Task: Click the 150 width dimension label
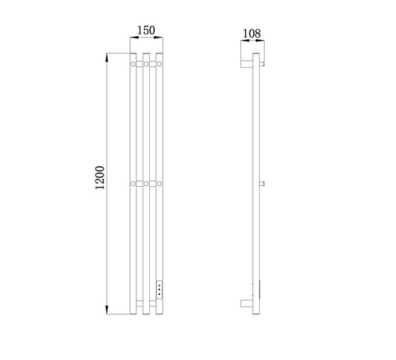tap(146, 31)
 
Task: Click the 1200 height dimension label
tap(100, 178)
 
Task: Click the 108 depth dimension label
tap(252, 34)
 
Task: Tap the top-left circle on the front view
tap(133, 64)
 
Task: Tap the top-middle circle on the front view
tap(146, 64)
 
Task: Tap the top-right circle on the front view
tap(159, 64)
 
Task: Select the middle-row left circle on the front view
tap(133, 184)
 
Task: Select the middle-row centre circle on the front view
tap(146, 184)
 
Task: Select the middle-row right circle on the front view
tap(159, 184)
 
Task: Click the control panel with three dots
tap(159, 289)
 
